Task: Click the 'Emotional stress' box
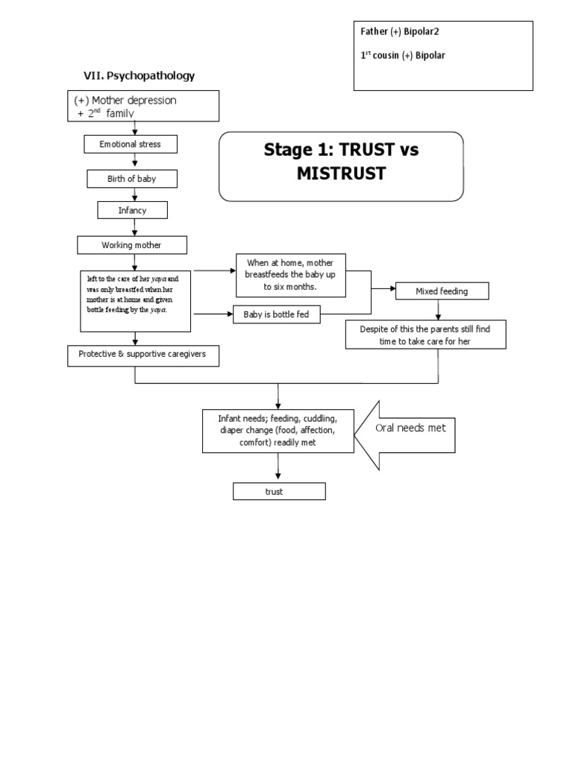click(x=130, y=144)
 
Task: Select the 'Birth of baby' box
click(x=132, y=179)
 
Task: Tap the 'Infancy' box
click(x=132, y=211)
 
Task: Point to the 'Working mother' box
click(x=132, y=245)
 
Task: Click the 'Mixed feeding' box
click(x=442, y=291)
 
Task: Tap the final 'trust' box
click(x=278, y=492)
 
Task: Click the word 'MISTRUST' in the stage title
click(x=341, y=174)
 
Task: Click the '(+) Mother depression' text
click(x=125, y=100)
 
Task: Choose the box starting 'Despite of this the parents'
click(x=426, y=334)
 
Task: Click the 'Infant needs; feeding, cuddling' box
click(x=277, y=430)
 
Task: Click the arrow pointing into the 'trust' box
click(x=278, y=467)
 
